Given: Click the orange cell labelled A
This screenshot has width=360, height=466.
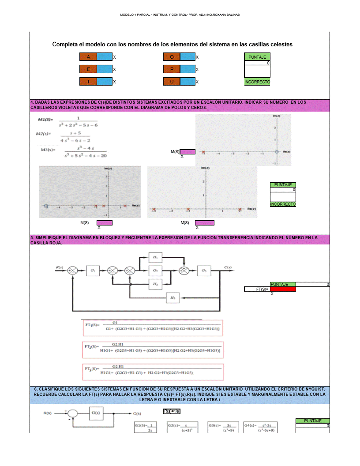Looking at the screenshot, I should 88,57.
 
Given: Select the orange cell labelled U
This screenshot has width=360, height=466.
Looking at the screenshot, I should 172,82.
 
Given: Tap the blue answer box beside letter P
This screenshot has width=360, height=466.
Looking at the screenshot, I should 187,69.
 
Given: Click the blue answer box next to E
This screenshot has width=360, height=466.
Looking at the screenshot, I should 104,69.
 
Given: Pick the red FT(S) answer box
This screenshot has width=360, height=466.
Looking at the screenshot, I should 283,289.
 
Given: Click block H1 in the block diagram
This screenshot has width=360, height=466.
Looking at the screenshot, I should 155,257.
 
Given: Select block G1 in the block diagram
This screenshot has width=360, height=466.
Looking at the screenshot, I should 93,270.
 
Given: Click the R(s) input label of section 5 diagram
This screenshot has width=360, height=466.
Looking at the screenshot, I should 60,267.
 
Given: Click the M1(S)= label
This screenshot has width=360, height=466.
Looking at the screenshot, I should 45,120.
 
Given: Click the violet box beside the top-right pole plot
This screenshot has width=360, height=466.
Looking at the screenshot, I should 187,152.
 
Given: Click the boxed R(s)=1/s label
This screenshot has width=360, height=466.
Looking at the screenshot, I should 172,411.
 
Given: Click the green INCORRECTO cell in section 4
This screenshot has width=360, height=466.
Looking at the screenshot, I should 283,204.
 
